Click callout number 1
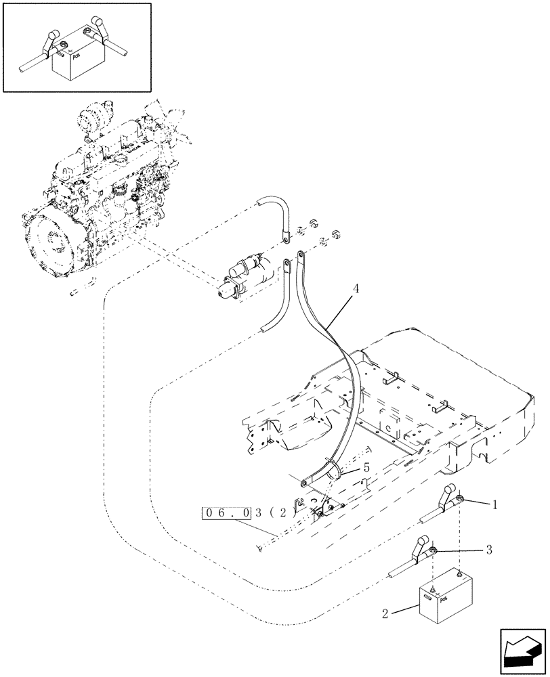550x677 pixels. pyautogui.click(x=495, y=504)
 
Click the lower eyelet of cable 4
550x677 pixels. pyautogui.click(x=304, y=484)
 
